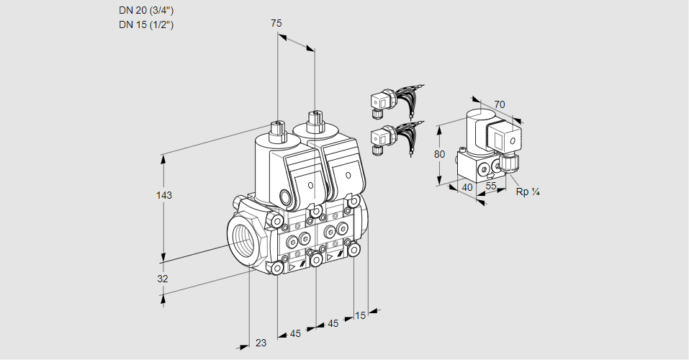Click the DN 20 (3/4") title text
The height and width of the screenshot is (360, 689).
(x=146, y=10)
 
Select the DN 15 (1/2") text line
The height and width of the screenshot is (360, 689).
(x=146, y=24)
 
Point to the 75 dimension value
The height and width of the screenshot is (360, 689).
(x=276, y=24)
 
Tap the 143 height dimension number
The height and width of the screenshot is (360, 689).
(x=166, y=195)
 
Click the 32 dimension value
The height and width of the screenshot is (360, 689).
(x=163, y=279)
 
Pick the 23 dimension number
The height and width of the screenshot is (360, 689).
(x=261, y=343)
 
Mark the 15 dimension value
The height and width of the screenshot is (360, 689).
(x=361, y=315)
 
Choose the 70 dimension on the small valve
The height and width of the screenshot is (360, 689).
(x=500, y=104)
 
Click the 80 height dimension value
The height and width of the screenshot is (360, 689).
(x=441, y=153)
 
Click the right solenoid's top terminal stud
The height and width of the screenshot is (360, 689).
(x=314, y=120)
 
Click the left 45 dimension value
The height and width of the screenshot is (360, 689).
(x=295, y=333)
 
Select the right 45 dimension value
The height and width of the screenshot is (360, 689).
(x=333, y=324)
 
